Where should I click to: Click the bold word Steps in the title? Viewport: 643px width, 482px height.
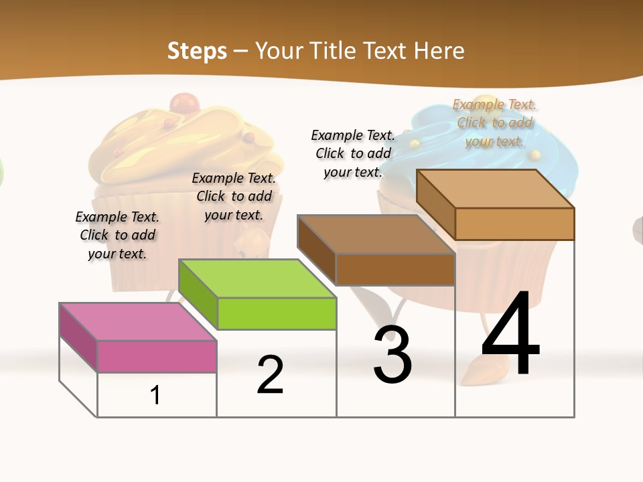(197, 51)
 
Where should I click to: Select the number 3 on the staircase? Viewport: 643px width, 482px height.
(392, 355)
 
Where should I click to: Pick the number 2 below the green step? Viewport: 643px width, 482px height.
(271, 375)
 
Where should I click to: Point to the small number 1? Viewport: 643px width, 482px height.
(155, 395)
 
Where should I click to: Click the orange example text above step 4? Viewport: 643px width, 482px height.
(495, 123)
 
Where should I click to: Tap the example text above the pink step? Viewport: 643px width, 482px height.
(117, 235)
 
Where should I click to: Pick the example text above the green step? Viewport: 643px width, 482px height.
(234, 196)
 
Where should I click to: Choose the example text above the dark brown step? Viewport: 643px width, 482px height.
(353, 153)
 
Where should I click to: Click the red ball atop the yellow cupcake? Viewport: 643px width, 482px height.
(181, 104)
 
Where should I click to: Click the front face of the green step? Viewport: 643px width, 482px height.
(277, 313)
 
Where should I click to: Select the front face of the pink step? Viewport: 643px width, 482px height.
(157, 356)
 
